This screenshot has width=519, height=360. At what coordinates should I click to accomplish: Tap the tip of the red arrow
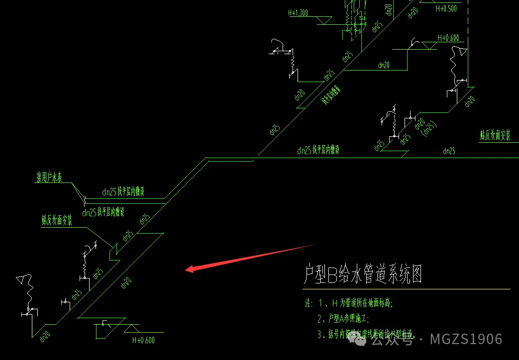[x=186, y=270]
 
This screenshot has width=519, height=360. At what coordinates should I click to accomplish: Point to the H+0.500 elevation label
[x=446, y=8]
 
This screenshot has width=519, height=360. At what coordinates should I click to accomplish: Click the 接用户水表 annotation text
[x=51, y=178]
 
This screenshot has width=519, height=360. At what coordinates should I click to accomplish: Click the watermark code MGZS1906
[x=466, y=340]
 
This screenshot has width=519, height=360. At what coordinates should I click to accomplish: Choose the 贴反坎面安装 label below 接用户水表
[x=57, y=220]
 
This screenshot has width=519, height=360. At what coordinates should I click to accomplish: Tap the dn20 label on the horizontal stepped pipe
[x=384, y=65]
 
